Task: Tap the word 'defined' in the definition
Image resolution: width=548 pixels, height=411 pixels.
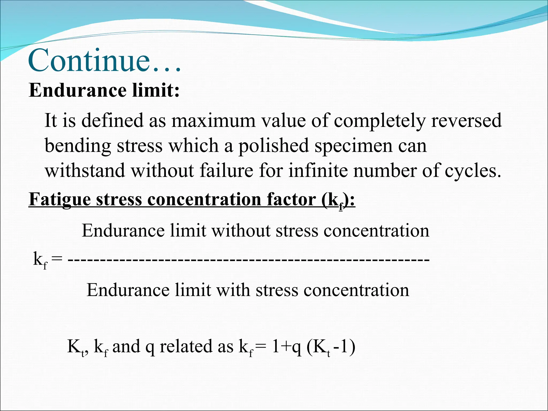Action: tap(112, 120)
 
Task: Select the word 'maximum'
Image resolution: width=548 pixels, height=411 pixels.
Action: tap(213, 120)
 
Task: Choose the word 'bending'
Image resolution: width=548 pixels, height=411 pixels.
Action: tap(78, 146)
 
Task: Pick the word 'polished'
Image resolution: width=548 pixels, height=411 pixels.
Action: tap(273, 146)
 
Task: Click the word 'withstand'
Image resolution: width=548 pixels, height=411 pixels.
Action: tap(85, 171)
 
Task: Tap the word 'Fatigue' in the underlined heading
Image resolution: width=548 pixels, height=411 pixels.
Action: tap(60, 200)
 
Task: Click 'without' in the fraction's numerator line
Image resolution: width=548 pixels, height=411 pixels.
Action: tap(241, 231)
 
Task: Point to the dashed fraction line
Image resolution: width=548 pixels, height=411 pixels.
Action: tap(249, 259)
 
